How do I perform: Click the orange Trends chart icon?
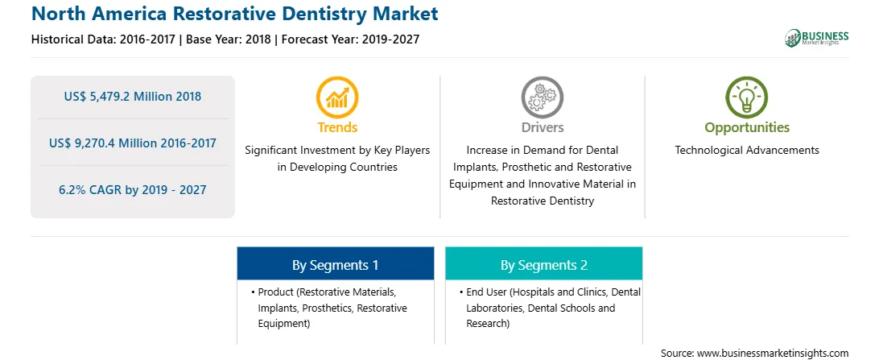[x=337, y=97]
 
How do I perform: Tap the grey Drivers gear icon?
[x=542, y=97]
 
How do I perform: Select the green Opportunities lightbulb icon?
[x=747, y=97]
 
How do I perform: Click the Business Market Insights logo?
[x=817, y=38]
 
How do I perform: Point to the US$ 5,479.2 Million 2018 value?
[x=133, y=97]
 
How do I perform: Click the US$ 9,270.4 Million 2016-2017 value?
[x=133, y=143]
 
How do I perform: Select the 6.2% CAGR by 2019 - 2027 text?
[x=133, y=189]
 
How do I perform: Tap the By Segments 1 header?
[x=335, y=265]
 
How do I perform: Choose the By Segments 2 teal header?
[x=544, y=265]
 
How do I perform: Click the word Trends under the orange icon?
[x=337, y=127]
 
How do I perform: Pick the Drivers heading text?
[x=542, y=127]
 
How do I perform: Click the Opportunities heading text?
[x=747, y=128]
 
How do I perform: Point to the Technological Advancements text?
[x=747, y=151]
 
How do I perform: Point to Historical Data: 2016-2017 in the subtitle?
[x=105, y=39]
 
